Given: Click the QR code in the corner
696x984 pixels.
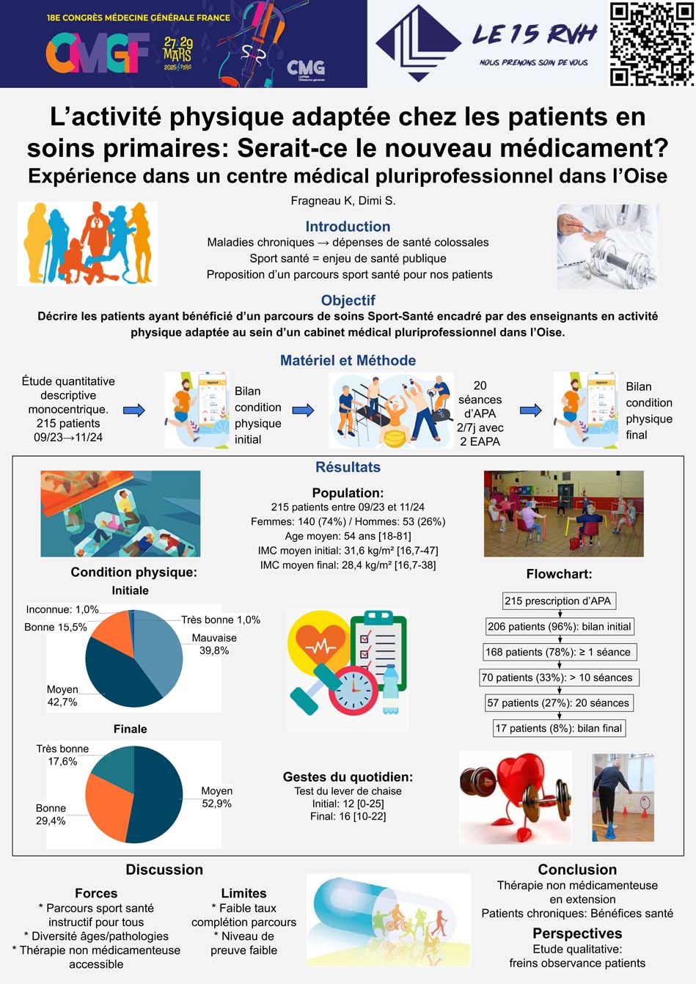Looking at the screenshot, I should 651,44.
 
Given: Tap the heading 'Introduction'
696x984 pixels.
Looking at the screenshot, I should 348,227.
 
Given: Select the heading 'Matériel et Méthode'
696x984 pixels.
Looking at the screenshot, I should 348,360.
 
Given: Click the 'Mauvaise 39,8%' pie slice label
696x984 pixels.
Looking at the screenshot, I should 214,644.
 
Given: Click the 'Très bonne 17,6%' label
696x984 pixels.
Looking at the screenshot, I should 62,754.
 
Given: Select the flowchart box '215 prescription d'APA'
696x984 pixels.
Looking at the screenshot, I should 558,601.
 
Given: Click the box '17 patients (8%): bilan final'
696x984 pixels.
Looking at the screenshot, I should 559,728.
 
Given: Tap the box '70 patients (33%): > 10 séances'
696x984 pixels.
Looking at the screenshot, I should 558,678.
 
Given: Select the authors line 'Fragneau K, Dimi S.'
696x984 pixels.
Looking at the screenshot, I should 343,200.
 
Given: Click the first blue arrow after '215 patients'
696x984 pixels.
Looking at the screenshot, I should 133,410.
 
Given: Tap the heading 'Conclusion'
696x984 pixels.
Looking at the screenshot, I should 577,870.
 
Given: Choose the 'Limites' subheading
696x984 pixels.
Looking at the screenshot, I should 243,893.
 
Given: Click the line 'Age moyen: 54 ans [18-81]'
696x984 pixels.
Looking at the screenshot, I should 348,536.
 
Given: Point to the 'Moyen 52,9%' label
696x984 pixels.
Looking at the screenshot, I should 216,797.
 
